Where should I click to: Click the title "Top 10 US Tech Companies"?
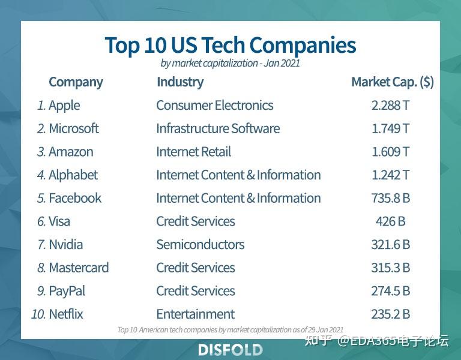pyautogui.click(x=230, y=45)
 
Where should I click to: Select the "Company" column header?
pyautogui.click(x=76, y=82)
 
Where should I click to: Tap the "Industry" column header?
pyautogui.click(x=179, y=82)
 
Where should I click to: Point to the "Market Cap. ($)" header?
pyautogui.click(x=392, y=82)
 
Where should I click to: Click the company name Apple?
pyautogui.click(x=64, y=106)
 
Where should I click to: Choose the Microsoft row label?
pyautogui.click(x=74, y=128)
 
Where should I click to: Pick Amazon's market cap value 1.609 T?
pyautogui.click(x=390, y=152)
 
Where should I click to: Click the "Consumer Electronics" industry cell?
pyautogui.click(x=214, y=106)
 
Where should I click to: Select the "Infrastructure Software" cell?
pyautogui.click(x=218, y=128)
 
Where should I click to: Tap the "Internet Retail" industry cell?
pyautogui.click(x=193, y=152)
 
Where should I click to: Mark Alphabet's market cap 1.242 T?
pyautogui.click(x=390, y=175)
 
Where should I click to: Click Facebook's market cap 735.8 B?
pyautogui.click(x=390, y=198)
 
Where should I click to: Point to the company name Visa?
pyautogui.click(x=59, y=221)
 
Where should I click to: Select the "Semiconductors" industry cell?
pyautogui.click(x=200, y=245)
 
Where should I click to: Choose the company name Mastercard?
pyautogui.click(x=79, y=268)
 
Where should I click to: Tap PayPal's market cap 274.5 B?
pyautogui.click(x=390, y=291)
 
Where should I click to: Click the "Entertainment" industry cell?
pyautogui.click(x=195, y=314)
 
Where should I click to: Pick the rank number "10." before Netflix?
pyautogui.click(x=38, y=314)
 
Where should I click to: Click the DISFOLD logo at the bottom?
pyautogui.click(x=230, y=350)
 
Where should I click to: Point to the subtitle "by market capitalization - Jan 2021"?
pyautogui.click(x=230, y=63)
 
